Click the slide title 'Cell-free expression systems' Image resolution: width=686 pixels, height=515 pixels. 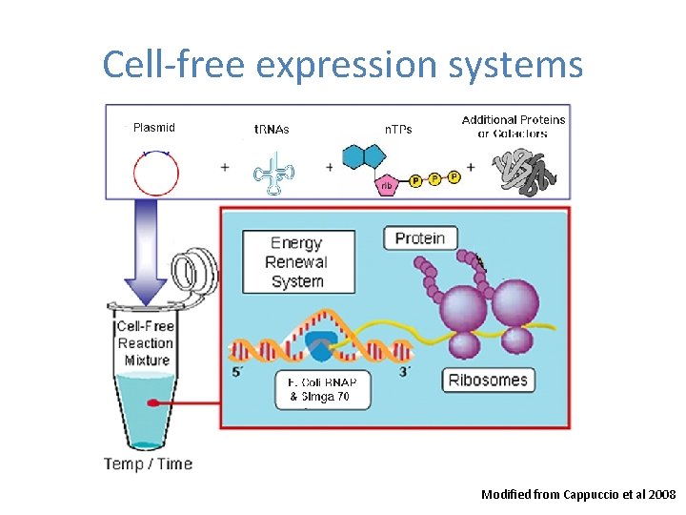click(x=342, y=65)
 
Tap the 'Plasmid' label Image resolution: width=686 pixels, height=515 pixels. click(x=153, y=127)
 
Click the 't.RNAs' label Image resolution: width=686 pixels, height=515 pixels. click(x=272, y=129)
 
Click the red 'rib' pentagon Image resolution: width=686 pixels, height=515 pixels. click(x=388, y=185)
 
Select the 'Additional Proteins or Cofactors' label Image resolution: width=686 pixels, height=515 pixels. click(x=513, y=126)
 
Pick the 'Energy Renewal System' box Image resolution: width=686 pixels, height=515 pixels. click(x=297, y=262)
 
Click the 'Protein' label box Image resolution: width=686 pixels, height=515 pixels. click(x=420, y=237)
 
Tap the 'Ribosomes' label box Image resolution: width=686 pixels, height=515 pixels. click(x=488, y=380)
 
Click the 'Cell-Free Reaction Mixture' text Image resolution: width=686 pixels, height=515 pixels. click(x=146, y=343)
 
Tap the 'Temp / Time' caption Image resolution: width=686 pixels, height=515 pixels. click(x=148, y=464)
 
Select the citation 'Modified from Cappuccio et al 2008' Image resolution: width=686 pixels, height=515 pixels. click(x=578, y=494)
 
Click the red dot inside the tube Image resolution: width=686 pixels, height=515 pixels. click(x=151, y=404)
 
